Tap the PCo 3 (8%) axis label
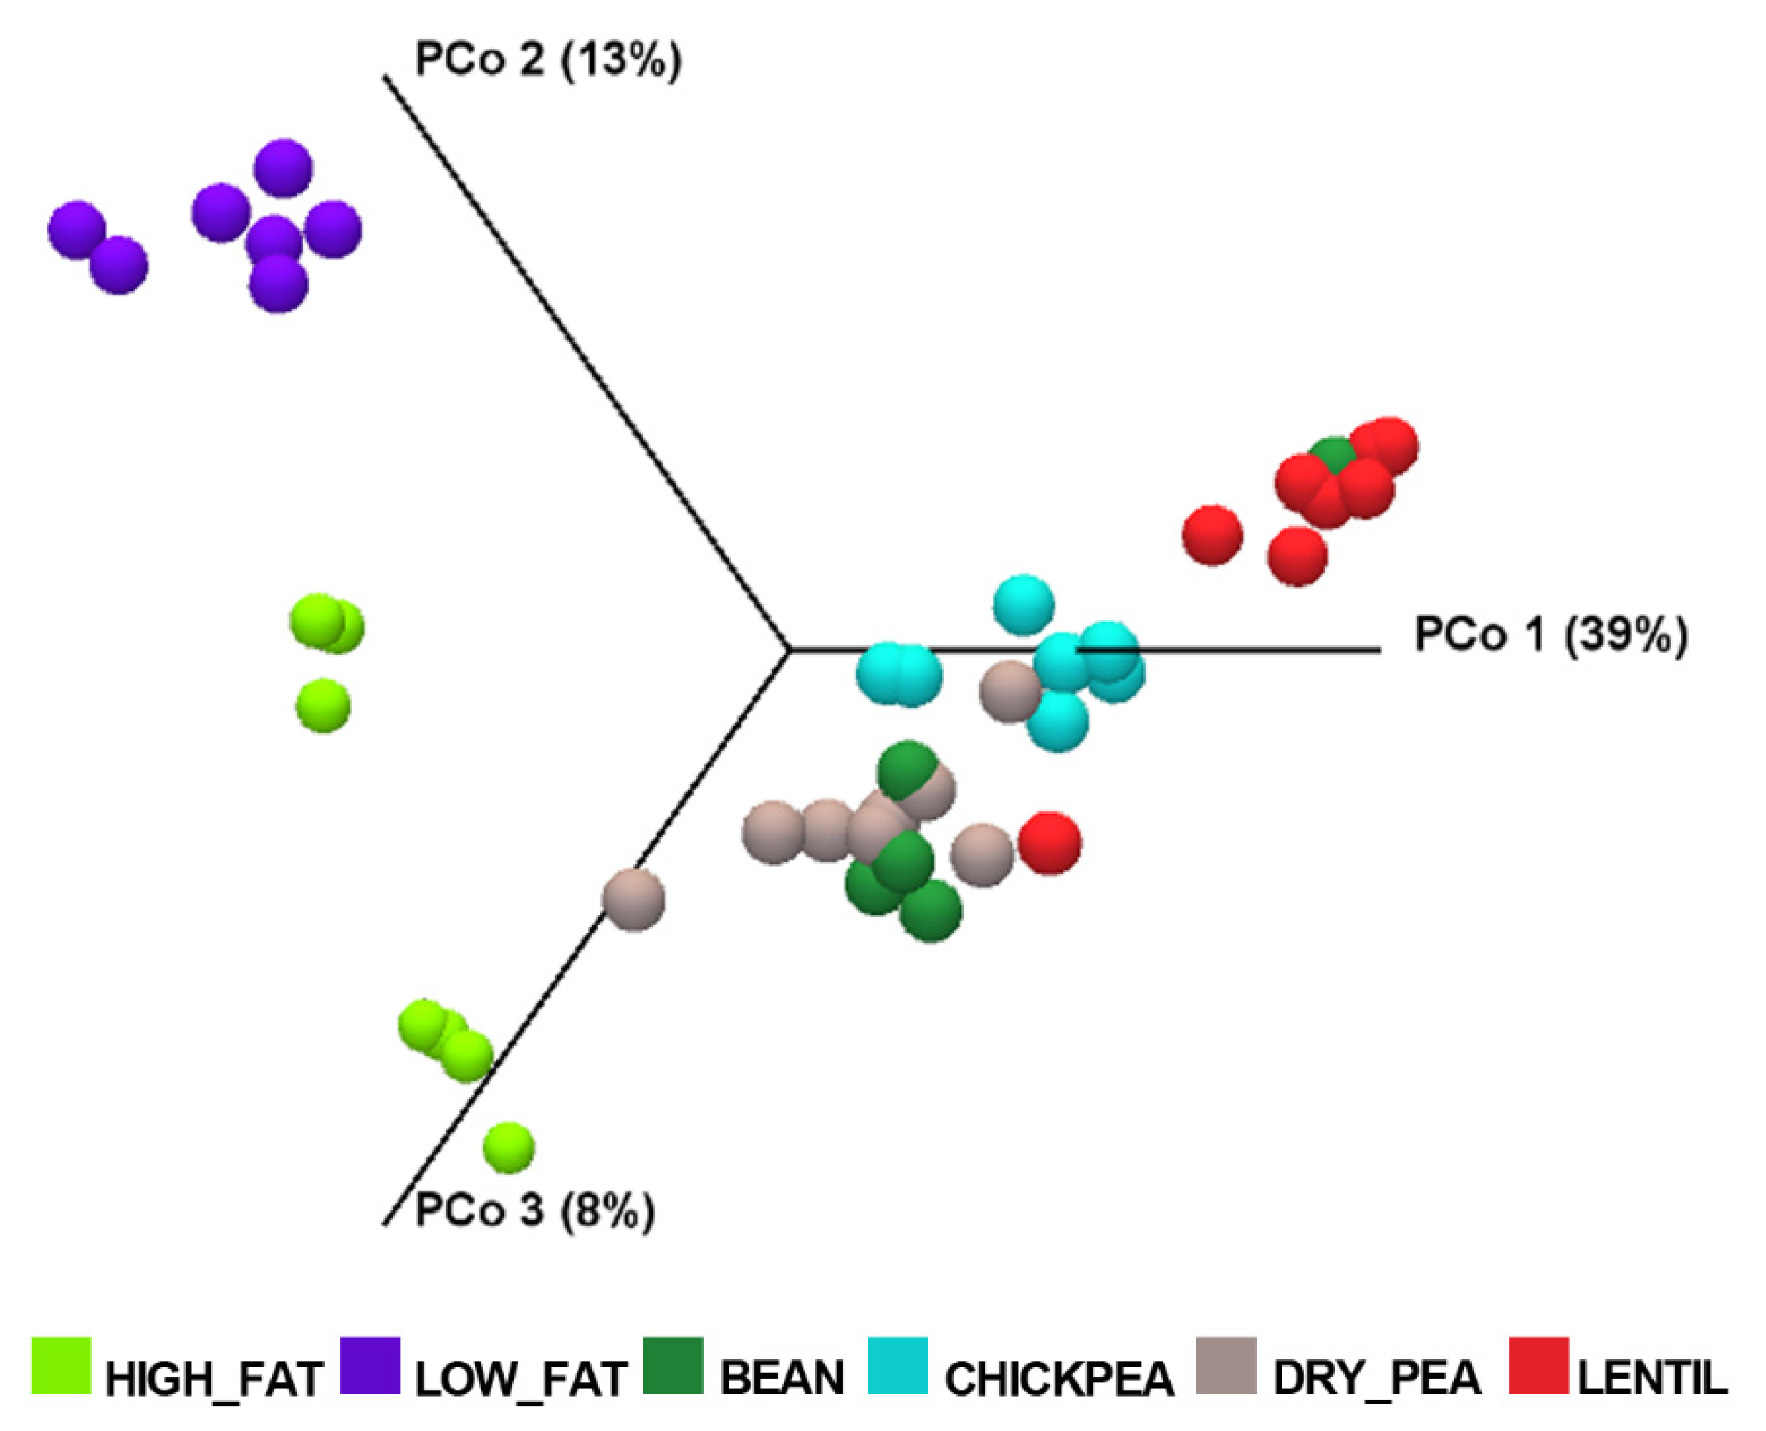coord(535,1211)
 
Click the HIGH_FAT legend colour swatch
coord(61,1366)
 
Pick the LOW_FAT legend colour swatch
coord(370,1366)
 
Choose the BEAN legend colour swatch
coord(673,1366)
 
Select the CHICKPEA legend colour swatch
coord(898,1366)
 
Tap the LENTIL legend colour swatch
coord(1538,1366)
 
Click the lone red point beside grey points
coord(1050,842)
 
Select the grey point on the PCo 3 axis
coord(633,900)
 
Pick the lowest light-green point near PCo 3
coord(508,1147)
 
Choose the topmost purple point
coord(283,168)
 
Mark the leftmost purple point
coord(77,229)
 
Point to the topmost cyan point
coord(1023,605)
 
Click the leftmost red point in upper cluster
coord(1212,536)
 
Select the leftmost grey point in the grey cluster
coord(772,832)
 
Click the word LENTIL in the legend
coord(1652,1377)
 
